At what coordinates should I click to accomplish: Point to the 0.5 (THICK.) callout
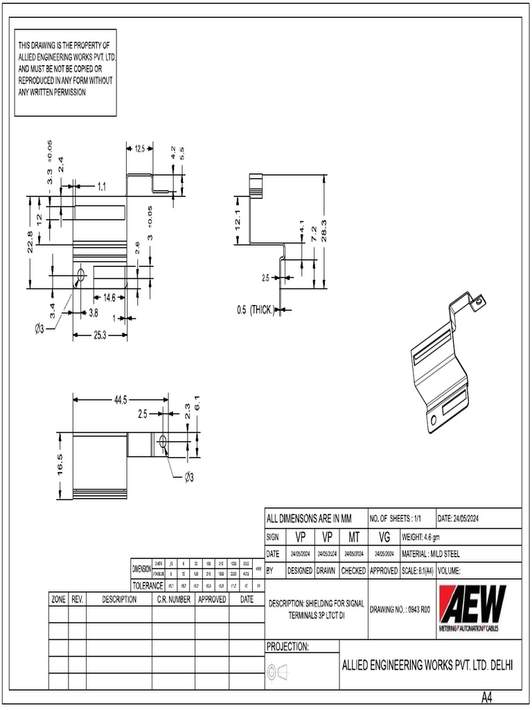pos(254,309)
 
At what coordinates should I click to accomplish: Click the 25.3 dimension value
pos(100,336)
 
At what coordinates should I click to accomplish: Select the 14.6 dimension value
pos(109,297)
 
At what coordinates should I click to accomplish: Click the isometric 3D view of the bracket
pos(443,361)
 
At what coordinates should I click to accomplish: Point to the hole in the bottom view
pos(162,441)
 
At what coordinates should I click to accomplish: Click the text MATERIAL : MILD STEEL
pos(430,553)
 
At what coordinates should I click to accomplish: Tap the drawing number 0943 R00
pos(400,610)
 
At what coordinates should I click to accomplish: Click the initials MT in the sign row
pos(353,537)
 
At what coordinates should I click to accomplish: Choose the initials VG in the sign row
pos(385,537)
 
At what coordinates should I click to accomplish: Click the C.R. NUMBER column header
pos(173,599)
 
